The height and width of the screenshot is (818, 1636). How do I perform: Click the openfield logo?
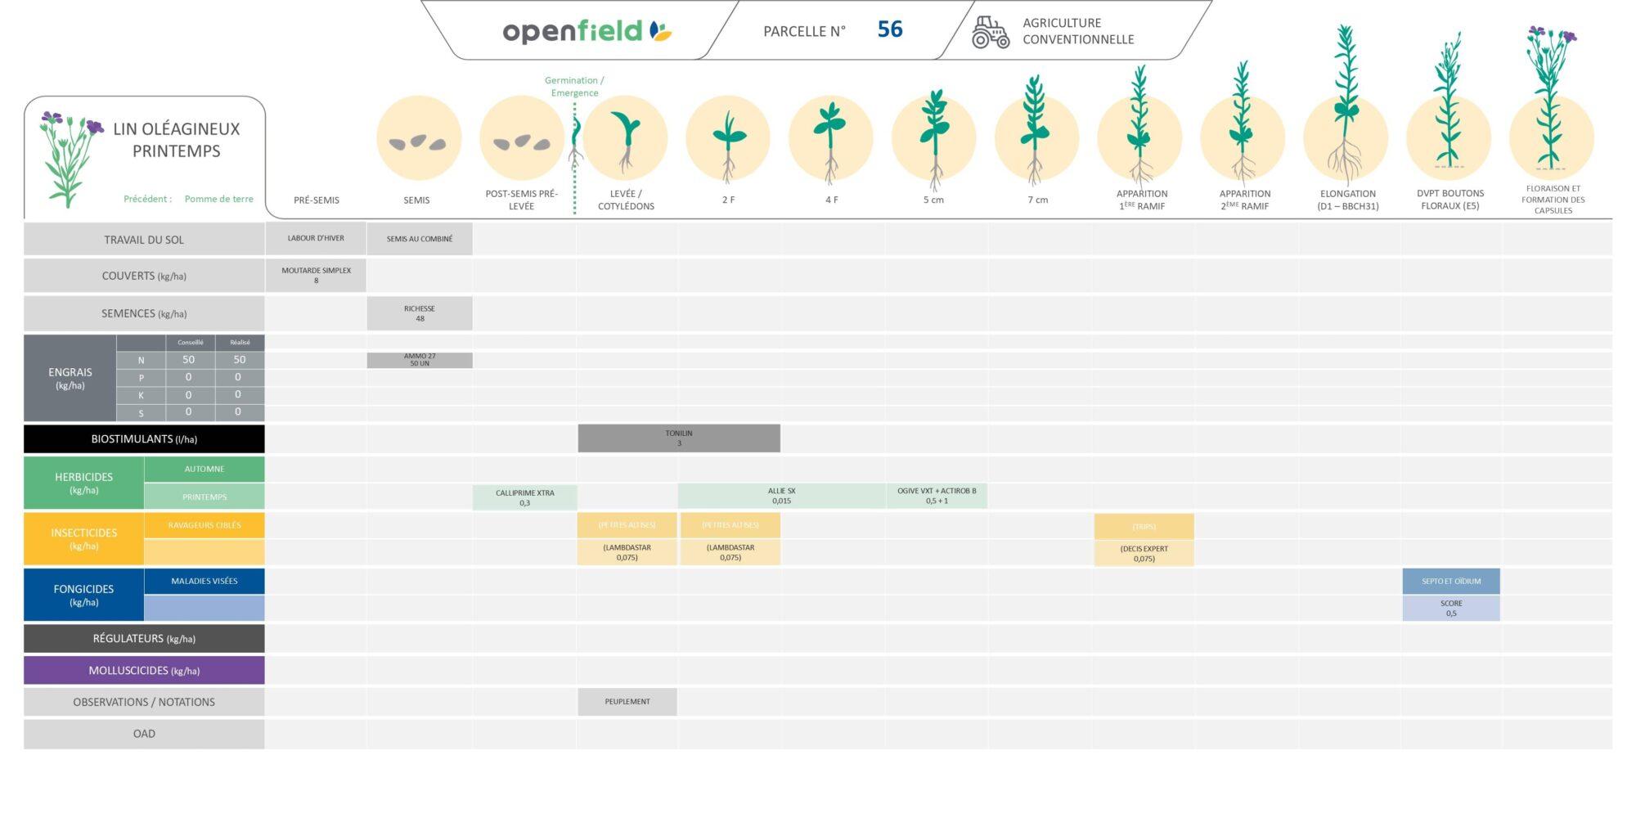(x=586, y=31)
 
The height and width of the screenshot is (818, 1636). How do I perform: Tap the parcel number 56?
(x=889, y=30)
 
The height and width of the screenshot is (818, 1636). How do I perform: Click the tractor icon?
(x=990, y=33)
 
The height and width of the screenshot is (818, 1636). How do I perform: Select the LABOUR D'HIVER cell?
(x=316, y=239)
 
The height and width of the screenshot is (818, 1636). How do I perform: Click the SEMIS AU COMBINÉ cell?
(x=420, y=239)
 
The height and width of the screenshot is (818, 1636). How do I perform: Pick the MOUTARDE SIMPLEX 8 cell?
(x=316, y=276)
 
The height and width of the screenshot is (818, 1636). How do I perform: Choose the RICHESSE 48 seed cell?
(x=420, y=313)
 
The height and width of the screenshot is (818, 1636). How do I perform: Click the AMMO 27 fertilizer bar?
(x=420, y=360)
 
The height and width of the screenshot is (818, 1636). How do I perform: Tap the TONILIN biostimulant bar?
(x=679, y=438)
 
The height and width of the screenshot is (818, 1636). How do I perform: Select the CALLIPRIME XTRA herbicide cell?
(x=524, y=497)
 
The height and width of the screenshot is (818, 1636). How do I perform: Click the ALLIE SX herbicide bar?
(x=781, y=496)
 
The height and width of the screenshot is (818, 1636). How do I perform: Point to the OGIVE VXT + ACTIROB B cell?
(x=937, y=496)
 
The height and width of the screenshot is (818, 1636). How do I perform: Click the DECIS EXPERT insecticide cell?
(x=1144, y=554)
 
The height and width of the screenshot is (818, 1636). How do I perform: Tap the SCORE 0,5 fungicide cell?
(x=1451, y=608)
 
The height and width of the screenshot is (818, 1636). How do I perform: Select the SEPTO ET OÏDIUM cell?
(x=1451, y=582)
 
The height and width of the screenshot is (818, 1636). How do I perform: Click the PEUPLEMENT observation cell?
(x=627, y=702)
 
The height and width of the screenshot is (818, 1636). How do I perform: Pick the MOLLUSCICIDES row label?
(x=144, y=671)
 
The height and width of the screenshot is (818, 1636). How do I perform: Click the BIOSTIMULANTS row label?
(x=144, y=439)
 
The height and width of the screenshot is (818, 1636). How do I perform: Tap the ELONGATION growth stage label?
(x=1347, y=200)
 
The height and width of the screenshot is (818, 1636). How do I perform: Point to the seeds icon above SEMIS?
(x=418, y=141)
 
